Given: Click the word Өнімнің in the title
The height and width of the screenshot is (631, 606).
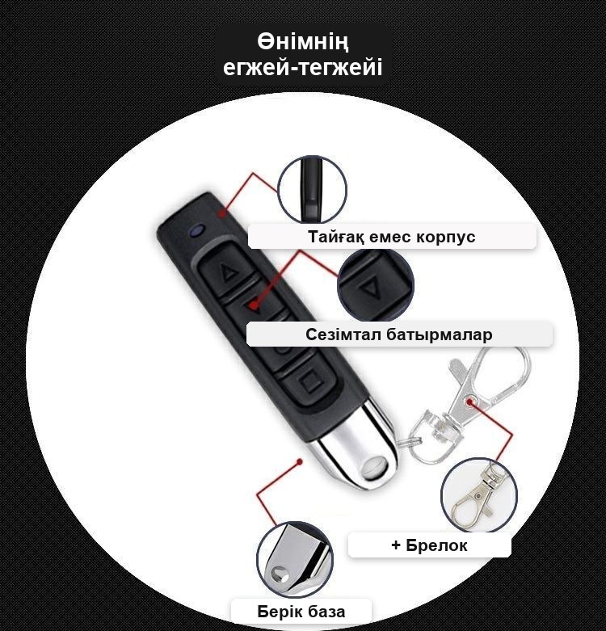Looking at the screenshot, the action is (303, 42).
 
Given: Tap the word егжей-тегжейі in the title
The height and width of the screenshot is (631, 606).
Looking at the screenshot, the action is (303, 67).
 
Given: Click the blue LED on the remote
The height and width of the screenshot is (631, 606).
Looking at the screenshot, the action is (197, 230).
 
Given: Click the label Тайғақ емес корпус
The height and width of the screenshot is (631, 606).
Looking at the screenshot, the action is (392, 237).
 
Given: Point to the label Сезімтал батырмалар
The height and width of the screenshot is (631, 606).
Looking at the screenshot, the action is (399, 334).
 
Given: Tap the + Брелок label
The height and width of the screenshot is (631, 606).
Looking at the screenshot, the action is (429, 545).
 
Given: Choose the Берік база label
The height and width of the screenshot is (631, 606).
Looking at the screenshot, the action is (301, 612).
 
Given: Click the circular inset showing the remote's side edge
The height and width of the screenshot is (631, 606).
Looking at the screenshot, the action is (312, 189).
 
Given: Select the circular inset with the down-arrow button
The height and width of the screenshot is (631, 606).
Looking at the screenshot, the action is (376, 285).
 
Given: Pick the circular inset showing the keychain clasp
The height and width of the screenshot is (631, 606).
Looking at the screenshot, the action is (479, 494).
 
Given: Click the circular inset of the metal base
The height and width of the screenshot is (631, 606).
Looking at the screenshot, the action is (295, 560).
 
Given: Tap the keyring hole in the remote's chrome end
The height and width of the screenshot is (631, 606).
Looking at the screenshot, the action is (375, 467).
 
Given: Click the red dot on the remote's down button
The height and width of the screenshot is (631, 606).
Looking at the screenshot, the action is (253, 305).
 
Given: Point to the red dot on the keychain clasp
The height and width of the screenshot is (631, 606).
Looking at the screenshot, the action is (469, 402).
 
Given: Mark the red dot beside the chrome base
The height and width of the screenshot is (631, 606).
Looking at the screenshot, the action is (300, 461).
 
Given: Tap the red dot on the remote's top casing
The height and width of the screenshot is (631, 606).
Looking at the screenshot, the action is (221, 213).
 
